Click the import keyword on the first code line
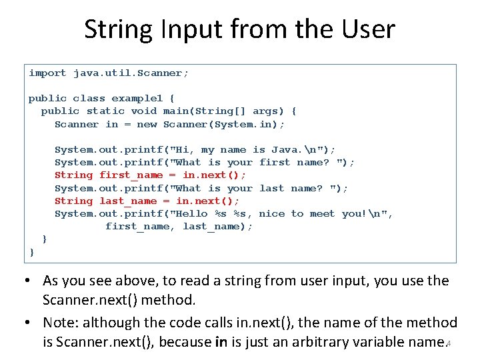[x=47, y=73]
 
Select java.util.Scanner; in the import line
[x=131, y=73]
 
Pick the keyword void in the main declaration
[x=144, y=111]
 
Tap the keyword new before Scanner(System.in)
[x=147, y=124]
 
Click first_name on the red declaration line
[x=131, y=175]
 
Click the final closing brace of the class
[x=32, y=251]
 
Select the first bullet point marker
[x=31, y=281]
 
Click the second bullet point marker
[x=31, y=323]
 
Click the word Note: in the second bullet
[x=61, y=323]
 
